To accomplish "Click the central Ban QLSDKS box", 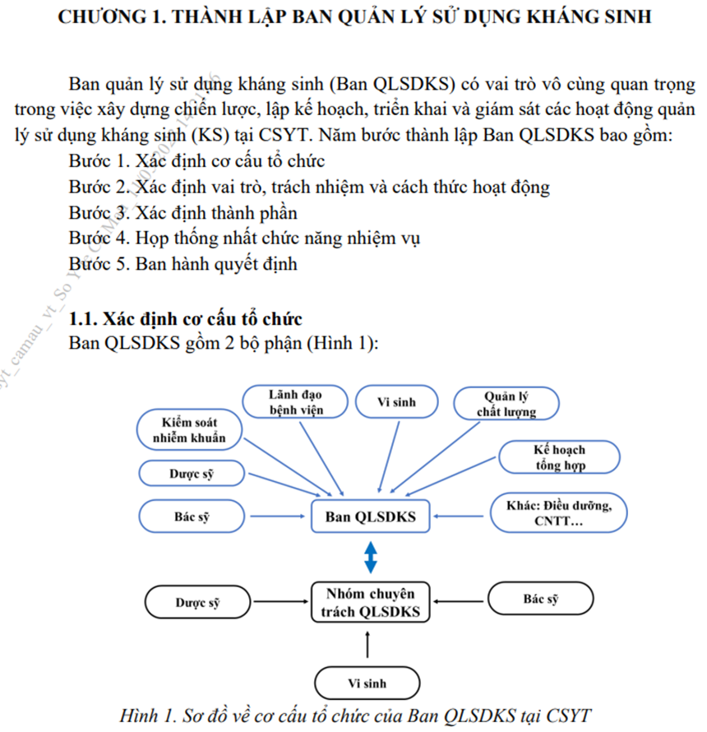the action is (371, 517).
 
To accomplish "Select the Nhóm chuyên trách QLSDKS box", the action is (371, 602).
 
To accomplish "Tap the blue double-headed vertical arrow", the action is (371, 557).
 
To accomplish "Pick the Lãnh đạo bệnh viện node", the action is (295, 401).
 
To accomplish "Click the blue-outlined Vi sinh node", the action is (397, 401).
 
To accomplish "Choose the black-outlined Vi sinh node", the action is (367, 683).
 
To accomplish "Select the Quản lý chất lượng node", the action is (506, 403).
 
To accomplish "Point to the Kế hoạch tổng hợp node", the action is (560, 457).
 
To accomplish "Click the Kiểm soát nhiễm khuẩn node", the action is (189, 430).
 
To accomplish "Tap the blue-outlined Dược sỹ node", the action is (192, 474).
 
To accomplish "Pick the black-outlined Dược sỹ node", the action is (197, 602).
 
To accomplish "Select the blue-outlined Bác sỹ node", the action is (192, 517).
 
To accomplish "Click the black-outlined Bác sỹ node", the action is (541, 599).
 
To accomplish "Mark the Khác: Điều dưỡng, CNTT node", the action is (558, 512).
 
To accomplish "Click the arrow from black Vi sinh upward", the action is (367, 644).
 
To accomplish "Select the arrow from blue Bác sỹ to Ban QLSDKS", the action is (278, 517).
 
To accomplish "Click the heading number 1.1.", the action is (83, 319).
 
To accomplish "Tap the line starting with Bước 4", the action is (244, 239).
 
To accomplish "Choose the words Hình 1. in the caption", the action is (148, 716).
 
